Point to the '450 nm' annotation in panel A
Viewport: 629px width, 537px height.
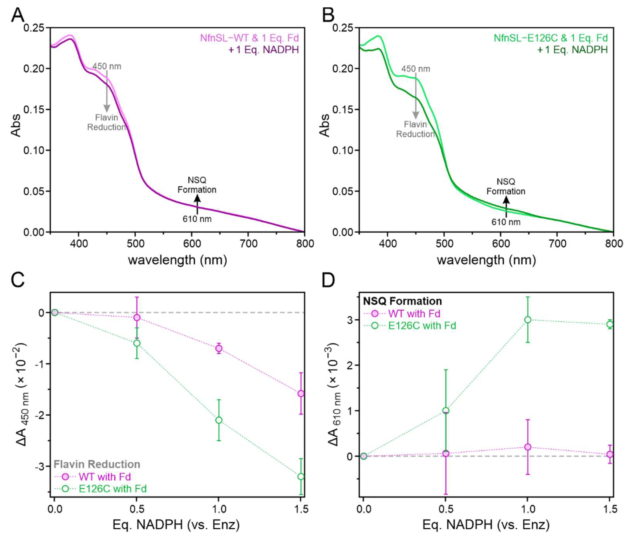[107, 66]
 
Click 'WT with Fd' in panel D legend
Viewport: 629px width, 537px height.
[414, 314]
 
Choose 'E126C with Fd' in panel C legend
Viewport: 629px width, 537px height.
[113, 488]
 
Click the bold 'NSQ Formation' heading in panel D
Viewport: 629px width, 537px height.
[402, 301]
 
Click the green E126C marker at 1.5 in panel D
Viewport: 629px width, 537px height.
[610, 324]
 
